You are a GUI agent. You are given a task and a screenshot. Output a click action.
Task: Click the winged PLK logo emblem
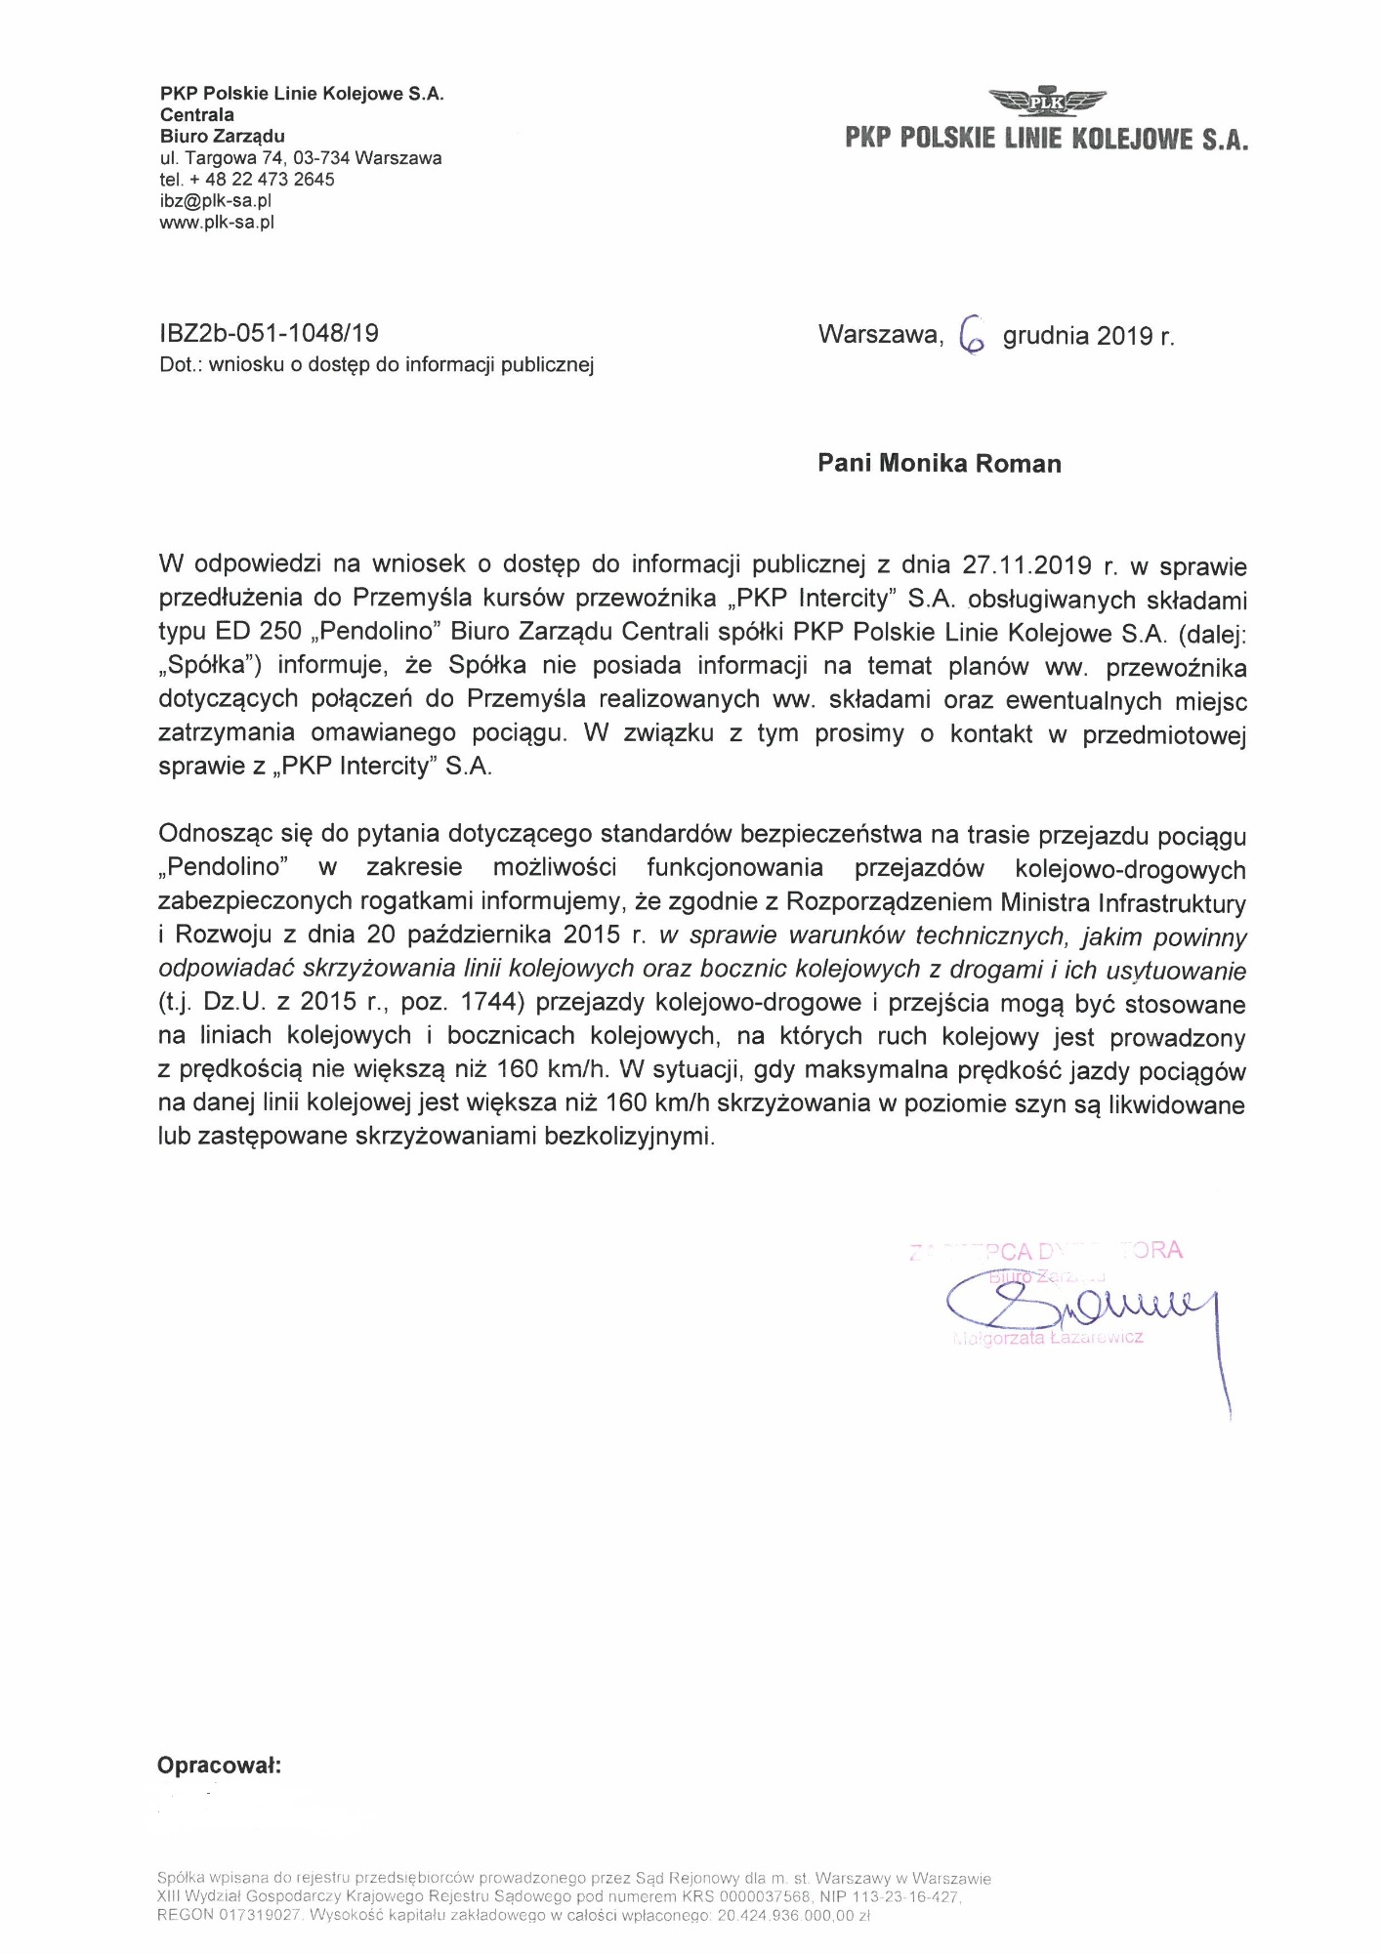coord(1046,100)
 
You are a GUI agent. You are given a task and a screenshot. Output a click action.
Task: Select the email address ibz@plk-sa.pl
coord(215,201)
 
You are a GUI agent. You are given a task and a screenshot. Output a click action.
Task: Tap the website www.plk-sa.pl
coord(217,223)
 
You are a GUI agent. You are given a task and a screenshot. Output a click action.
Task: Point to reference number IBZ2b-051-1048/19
coord(268,334)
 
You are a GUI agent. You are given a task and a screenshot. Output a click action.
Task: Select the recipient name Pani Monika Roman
coord(939,463)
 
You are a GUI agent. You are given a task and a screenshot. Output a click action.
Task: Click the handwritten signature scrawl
coord(1074,1309)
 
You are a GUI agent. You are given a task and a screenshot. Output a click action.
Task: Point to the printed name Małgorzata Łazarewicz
coord(1048,1338)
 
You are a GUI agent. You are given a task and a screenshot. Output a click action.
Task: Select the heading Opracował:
coord(219,1766)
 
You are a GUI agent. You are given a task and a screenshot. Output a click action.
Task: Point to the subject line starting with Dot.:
coord(376,365)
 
